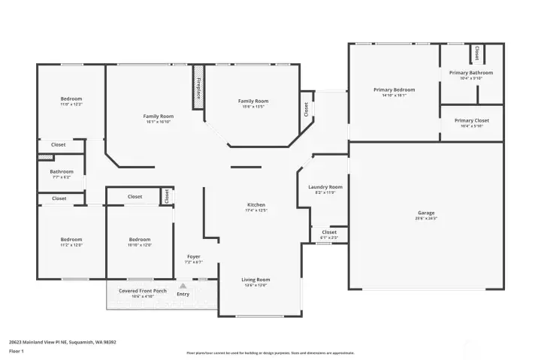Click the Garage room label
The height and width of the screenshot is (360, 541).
pyautogui.click(x=426, y=213)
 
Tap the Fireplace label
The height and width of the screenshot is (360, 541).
pyautogui.click(x=198, y=89)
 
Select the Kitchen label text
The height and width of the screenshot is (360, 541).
pyautogui.click(x=256, y=205)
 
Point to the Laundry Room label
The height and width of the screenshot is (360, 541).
pyautogui.click(x=325, y=187)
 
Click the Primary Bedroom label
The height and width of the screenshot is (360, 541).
pyautogui.click(x=394, y=89)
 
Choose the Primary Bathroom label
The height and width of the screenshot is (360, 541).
pyautogui.click(x=471, y=73)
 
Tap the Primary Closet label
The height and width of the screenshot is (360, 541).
pyautogui.click(x=471, y=120)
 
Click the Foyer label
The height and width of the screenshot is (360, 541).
pyautogui.click(x=194, y=257)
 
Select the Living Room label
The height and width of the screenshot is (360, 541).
pyautogui.click(x=256, y=280)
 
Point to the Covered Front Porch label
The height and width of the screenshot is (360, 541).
pyautogui.click(x=138, y=290)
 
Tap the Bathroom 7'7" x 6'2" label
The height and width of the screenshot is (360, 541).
pyautogui.click(x=62, y=171)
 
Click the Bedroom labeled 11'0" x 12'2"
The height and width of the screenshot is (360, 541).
pyautogui.click(x=71, y=99)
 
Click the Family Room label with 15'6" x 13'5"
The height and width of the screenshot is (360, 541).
pyautogui.click(x=253, y=101)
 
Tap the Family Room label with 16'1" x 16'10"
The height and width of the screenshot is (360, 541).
pyautogui.click(x=159, y=116)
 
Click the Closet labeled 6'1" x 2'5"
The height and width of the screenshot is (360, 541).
pyautogui.click(x=329, y=233)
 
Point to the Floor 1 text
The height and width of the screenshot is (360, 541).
pyautogui.click(x=17, y=351)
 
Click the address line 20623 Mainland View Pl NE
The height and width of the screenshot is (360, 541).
pyautogui.click(x=62, y=342)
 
